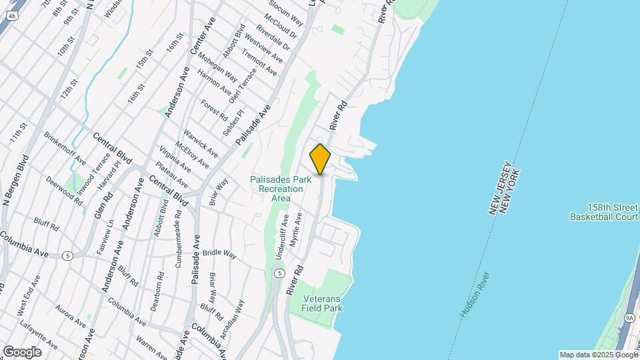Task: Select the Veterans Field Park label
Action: [323, 304]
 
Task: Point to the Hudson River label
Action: [474, 294]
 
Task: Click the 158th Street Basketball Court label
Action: [604, 212]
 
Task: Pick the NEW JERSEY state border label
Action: [500, 188]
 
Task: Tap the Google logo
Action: [22, 351]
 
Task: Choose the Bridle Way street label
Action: [220, 253]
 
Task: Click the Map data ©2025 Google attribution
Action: [599, 355]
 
